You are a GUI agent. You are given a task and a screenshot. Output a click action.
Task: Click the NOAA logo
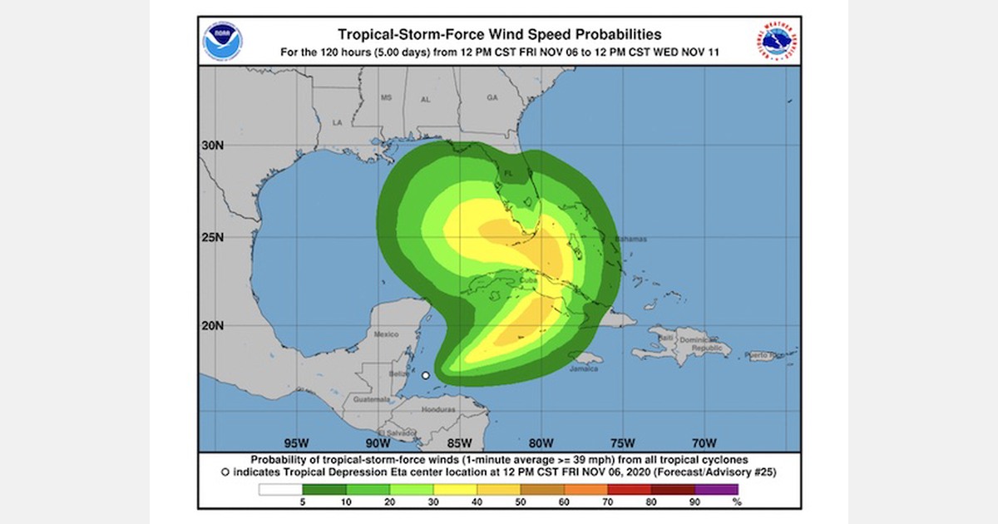[x=223, y=41]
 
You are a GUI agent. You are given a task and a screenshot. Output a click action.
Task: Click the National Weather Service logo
[x=777, y=41]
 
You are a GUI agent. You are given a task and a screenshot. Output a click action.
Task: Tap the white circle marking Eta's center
[x=426, y=376]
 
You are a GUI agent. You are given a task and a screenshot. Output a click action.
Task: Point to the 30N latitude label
[x=213, y=145]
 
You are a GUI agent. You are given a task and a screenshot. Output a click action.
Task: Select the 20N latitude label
[x=213, y=325]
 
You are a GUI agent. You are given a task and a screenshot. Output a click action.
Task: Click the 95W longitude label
[x=297, y=442]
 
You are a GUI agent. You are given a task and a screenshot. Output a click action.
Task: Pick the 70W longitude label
[x=704, y=442]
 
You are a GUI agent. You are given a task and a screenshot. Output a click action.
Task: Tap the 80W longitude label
[x=541, y=442]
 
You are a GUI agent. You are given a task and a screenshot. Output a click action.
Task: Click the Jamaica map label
[x=583, y=368]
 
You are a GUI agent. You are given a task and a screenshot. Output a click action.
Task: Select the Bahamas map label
[x=630, y=240]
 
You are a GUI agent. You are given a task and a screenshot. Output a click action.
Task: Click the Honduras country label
[x=439, y=409]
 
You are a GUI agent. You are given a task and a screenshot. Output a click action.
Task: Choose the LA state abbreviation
[x=338, y=122]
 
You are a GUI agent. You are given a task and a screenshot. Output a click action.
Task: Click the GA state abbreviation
[x=492, y=97]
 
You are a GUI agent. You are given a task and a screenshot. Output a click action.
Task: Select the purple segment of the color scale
[x=716, y=489]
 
